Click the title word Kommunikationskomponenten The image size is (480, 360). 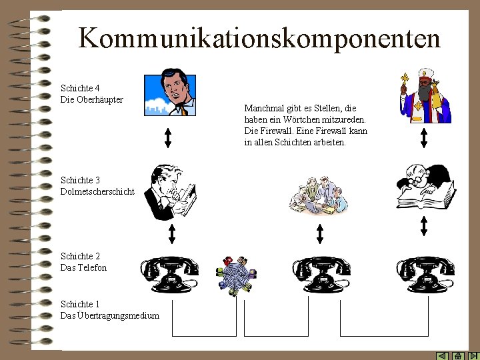click(x=259, y=38)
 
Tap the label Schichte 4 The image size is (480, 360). click(x=80, y=88)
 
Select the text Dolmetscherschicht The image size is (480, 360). click(x=97, y=191)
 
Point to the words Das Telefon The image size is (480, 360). click(x=83, y=267)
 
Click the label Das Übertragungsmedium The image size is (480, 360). click(x=110, y=315)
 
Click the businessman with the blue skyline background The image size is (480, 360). click(x=170, y=92)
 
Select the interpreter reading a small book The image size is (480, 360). click(x=172, y=192)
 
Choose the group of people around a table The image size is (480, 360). click(x=319, y=194)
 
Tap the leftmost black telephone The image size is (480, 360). click(x=170, y=274)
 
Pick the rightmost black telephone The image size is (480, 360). click(x=425, y=274)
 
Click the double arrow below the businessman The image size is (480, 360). click(x=168, y=136)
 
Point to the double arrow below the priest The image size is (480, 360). click(x=424, y=137)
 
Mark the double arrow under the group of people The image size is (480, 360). click(x=320, y=233)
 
